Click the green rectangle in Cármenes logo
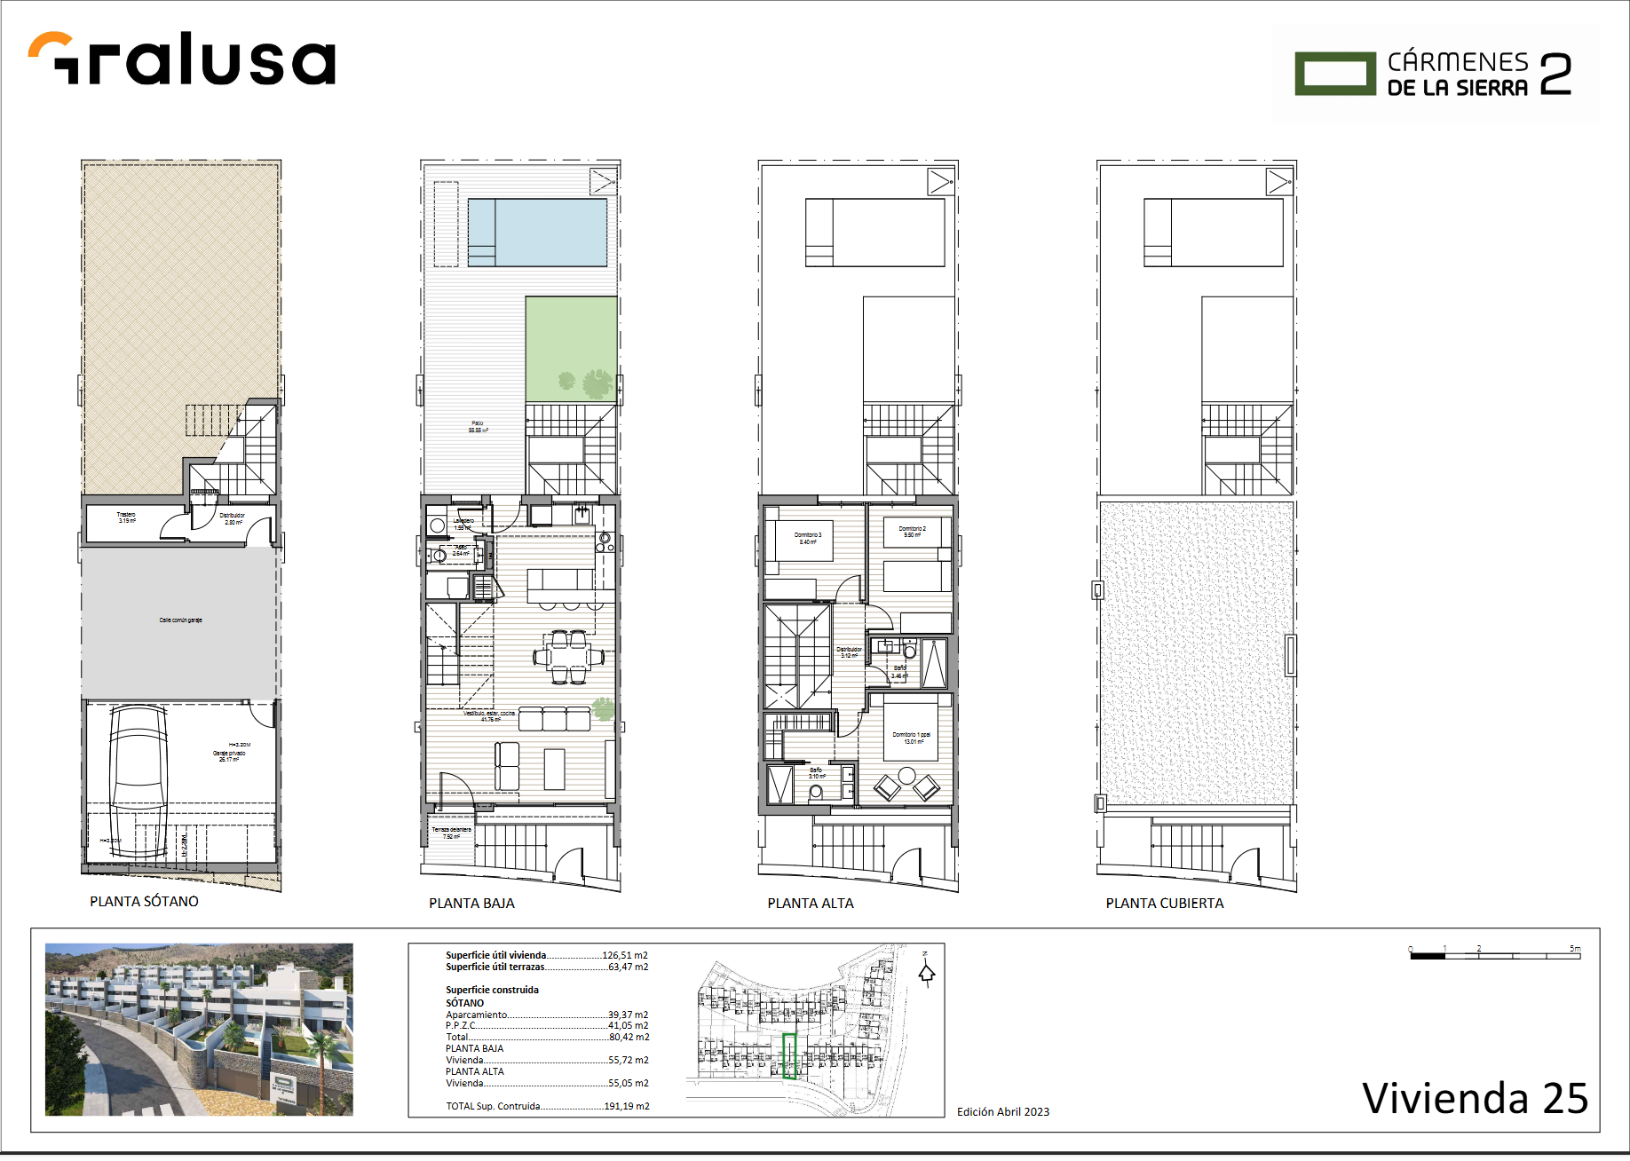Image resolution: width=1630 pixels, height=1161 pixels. click(1335, 74)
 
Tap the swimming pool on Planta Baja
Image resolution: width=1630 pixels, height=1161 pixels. click(537, 232)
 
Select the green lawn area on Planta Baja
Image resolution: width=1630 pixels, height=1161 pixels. click(571, 348)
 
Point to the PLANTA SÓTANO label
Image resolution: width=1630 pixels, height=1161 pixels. click(144, 901)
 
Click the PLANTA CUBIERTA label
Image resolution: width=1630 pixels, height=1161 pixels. click(1164, 903)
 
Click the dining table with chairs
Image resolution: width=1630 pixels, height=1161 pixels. click(568, 658)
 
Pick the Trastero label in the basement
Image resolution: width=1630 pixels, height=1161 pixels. click(126, 517)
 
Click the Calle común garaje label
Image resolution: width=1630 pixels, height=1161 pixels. click(180, 620)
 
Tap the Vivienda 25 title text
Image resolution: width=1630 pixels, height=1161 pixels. click(1474, 1098)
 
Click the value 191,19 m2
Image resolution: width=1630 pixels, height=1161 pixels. click(627, 1106)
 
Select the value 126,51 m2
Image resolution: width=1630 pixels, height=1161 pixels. click(625, 955)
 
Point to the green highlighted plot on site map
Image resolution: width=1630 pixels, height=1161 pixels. click(789, 1055)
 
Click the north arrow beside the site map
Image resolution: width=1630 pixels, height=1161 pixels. click(926, 972)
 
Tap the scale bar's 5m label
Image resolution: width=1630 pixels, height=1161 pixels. click(1574, 949)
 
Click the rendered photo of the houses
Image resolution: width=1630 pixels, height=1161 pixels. click(199, 1029)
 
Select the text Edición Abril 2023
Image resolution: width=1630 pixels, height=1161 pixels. click(1002, 1111)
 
